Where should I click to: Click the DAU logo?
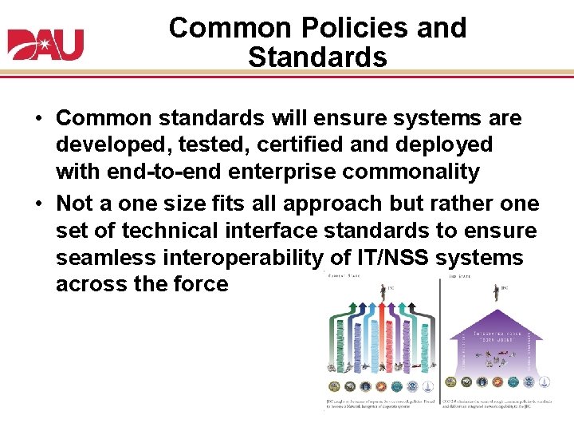pos(46,45)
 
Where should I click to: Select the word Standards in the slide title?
pos(317,57)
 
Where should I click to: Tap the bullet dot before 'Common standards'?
pos(37,120)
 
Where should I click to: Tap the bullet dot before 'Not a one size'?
pos(37,204)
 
